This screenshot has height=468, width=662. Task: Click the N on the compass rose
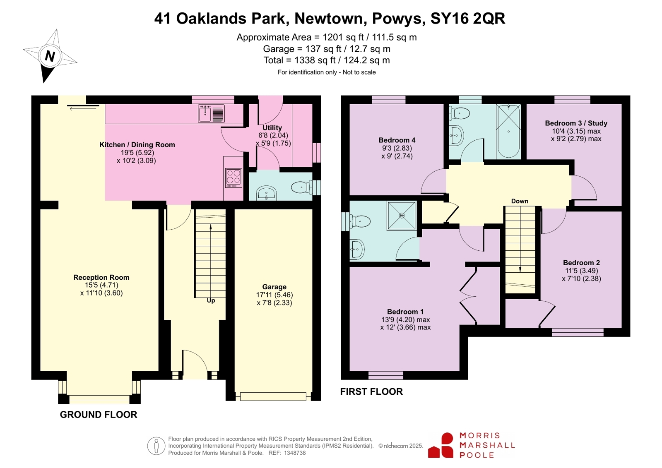tap(50, 56)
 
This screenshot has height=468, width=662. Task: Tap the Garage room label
tap(274, 287)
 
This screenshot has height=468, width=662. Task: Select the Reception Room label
tap(101, 277)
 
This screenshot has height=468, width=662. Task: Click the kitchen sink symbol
tap(211, 114)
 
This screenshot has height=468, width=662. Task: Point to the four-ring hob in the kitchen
tap(234, 178)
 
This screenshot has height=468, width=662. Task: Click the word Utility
tap(272, 128)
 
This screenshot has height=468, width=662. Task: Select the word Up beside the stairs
tap(211, 300)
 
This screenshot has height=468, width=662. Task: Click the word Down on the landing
tap(520, 201)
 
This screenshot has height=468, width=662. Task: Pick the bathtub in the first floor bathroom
tap(508, 132)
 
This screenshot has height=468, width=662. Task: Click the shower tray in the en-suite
tap(402, 216)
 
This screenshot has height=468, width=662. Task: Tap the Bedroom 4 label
tap(397, 140)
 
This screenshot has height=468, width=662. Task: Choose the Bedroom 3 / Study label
tap(576, 123)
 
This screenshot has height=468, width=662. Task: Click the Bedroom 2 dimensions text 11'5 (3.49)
tap(581, 271)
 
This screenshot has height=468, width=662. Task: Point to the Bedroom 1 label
tap(405, 312)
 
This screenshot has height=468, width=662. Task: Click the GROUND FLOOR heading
tap(99, 415)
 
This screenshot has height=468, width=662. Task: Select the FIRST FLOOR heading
tap(371, 392)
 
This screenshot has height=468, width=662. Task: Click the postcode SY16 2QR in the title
tap(468, 19)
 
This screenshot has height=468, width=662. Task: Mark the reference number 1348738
tap(295, 453)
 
